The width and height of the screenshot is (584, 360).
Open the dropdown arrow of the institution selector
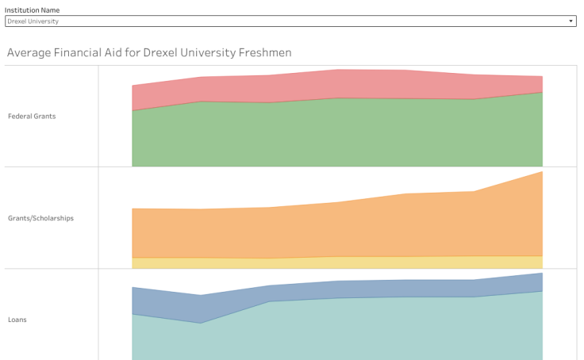click(571, 21)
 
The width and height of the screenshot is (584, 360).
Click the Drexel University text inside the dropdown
click(33, 21)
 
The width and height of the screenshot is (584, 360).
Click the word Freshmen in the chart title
click(265, 53)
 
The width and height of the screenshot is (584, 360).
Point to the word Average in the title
click(29, 53)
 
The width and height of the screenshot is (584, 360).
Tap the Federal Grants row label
click(32, 116)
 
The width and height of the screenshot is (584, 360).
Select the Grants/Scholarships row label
click(40, 217)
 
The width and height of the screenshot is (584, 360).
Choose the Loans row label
click(17, 320)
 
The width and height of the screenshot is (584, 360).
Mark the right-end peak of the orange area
click(541, 173)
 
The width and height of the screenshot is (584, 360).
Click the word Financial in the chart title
click(89, 53)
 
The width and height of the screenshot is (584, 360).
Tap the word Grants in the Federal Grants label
click(44, 116)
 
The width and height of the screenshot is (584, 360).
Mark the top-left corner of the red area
click(133, 86)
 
